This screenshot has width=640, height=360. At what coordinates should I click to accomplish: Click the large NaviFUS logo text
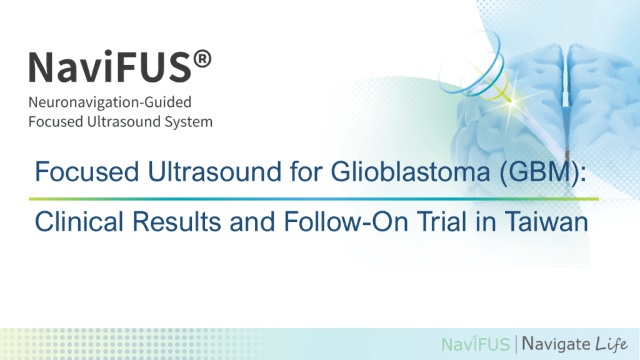coord(109,67)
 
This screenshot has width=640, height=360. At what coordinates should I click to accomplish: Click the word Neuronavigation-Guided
coord(109,102)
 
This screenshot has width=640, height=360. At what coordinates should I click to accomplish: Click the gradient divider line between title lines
coord(312,199)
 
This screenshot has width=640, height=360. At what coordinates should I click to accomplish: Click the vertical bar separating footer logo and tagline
coord(516,343)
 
